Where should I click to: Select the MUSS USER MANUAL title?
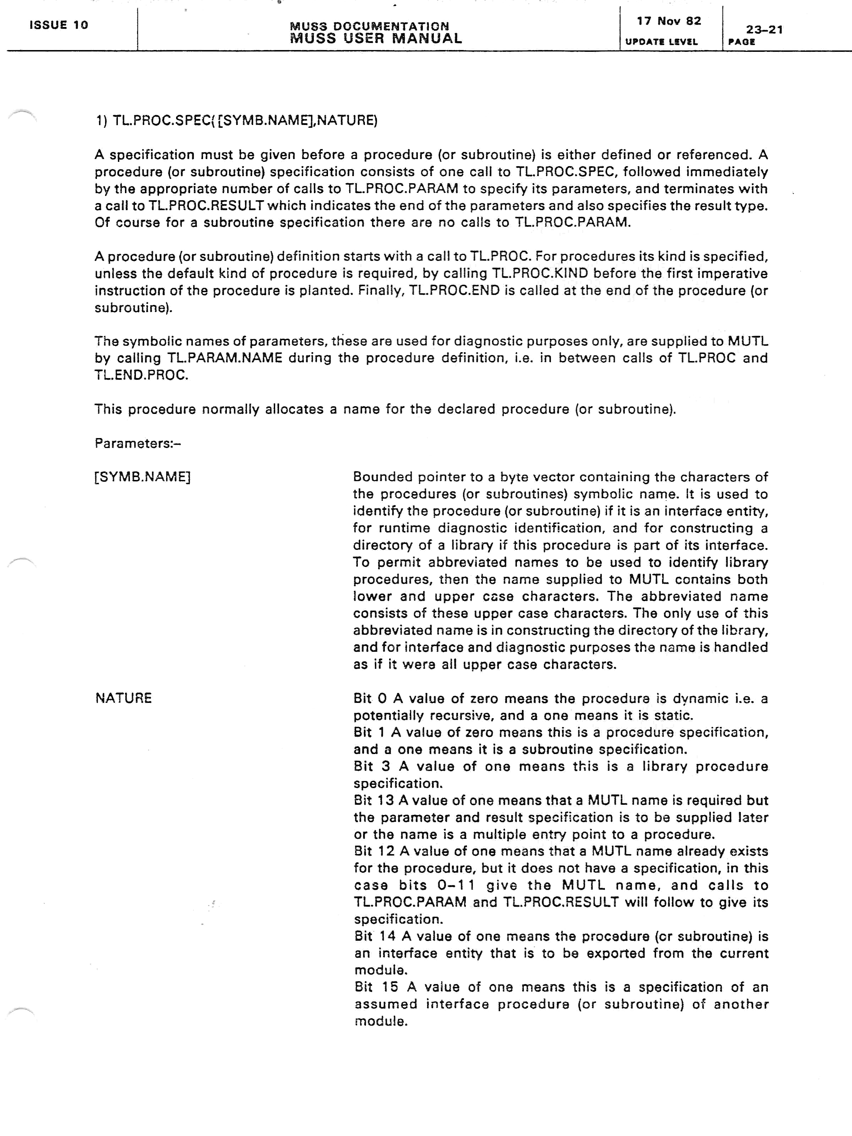pos(376,38)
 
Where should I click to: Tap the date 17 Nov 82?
pos(669,21)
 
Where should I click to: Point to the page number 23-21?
pos(764,30)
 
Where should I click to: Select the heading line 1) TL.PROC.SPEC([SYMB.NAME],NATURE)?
pos(236,121)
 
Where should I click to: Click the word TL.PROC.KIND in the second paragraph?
pos(540,273)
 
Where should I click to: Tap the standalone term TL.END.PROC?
pos(141,375)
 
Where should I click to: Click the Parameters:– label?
pos(138,443)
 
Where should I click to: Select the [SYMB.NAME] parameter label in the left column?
pos(142,477)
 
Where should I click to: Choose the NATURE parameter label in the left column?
pos(123,698)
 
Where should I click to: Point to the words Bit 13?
pos(374,800)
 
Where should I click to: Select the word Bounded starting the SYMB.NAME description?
pos(382,477)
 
